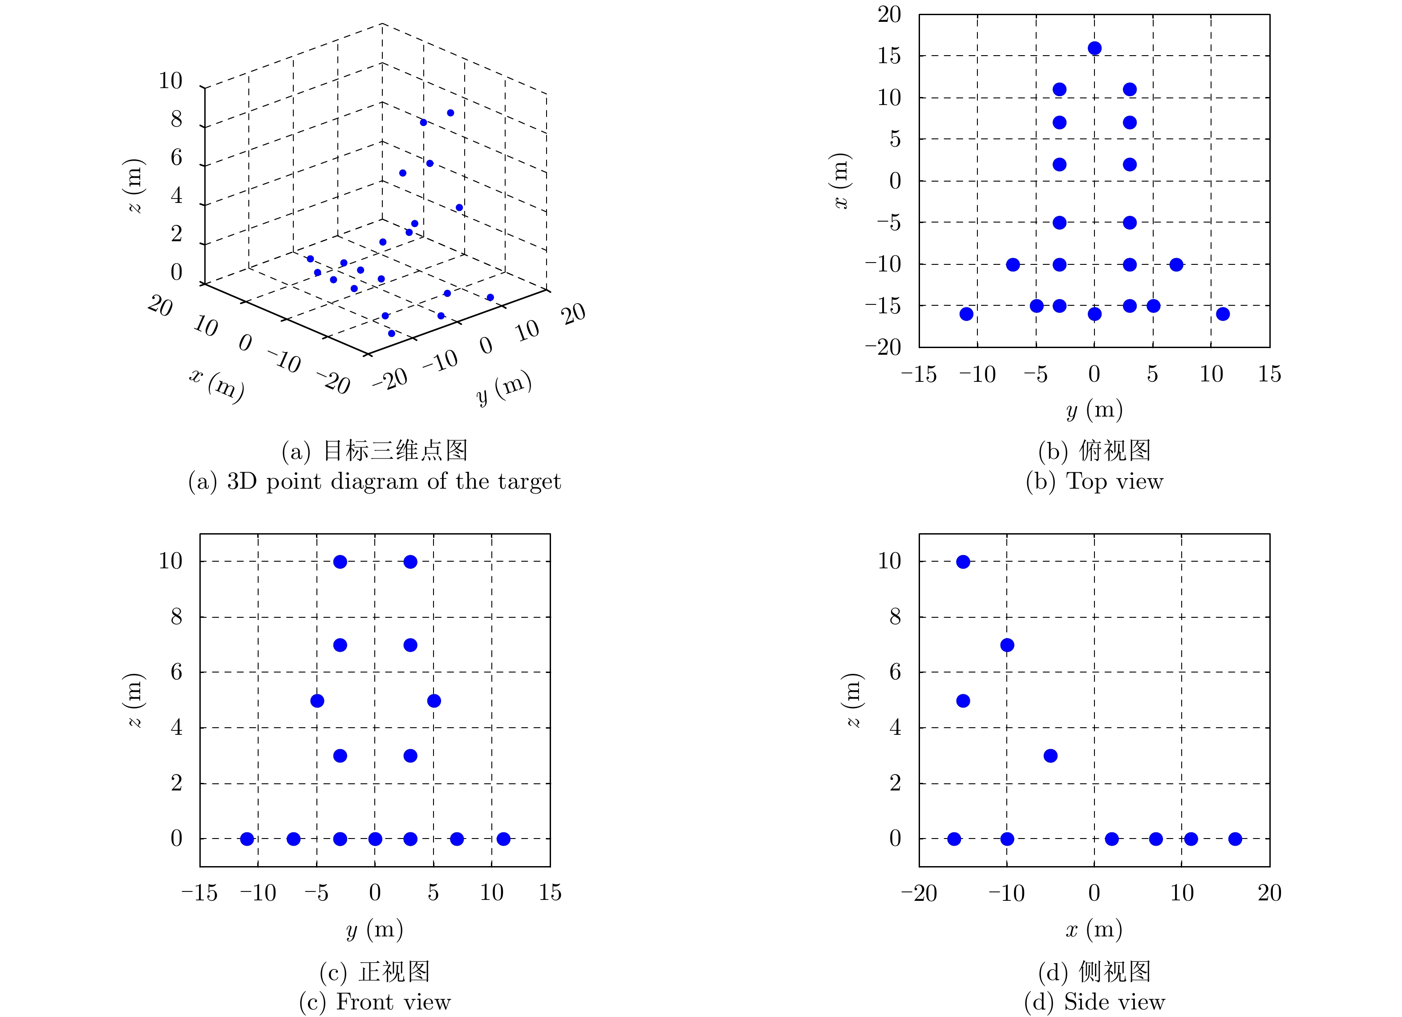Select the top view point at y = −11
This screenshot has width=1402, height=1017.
[x=966, y=314]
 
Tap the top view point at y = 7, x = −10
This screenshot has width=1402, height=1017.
[x=1176, y=265]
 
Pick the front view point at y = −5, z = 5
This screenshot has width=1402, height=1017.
[x=317, y=701]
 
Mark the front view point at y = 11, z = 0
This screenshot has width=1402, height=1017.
[x=503, y=839]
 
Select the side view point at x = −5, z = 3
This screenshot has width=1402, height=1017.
[x=1050, y=755]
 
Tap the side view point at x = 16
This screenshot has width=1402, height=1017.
[x=1235, y=839]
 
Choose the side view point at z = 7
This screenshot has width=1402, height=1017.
[x=1007, y=645]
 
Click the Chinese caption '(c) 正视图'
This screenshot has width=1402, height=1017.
[x=375, y=972]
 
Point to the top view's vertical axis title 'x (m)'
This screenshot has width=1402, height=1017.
[x=841, y=181]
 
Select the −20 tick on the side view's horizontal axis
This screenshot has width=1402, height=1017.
[x=919, y=893]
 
